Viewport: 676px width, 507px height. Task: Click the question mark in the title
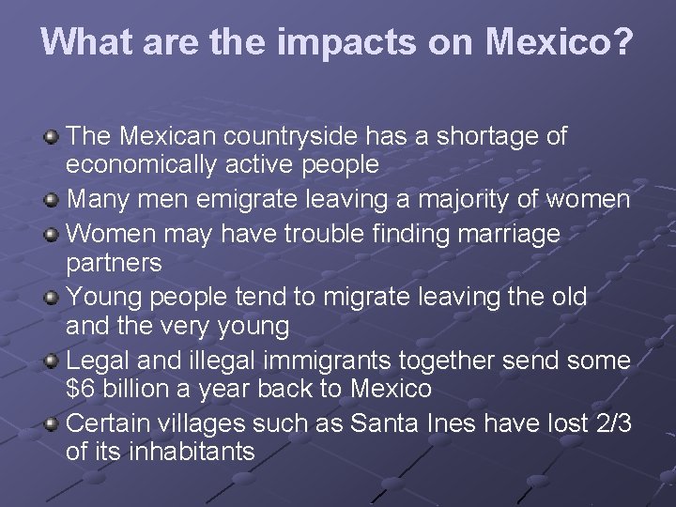tap(622, 41)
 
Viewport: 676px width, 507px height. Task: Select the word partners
tap(114, 264)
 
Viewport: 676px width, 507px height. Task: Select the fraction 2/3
tap(610, 422)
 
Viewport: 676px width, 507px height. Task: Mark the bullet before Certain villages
tap(53, 423)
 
